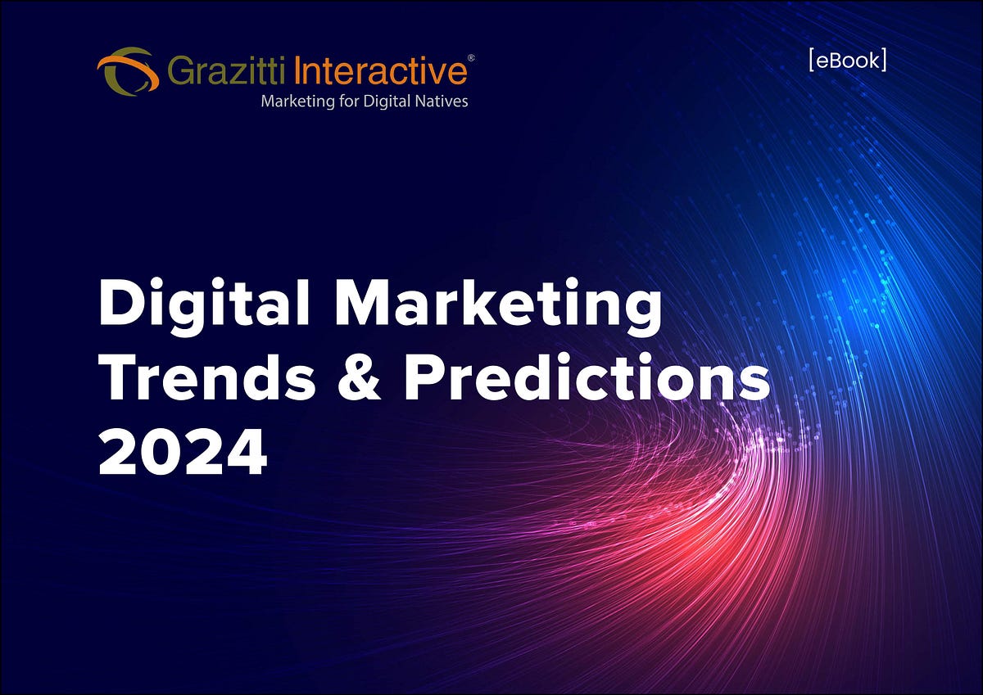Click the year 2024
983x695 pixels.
coord(183,454)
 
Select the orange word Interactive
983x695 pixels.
coord(379,71)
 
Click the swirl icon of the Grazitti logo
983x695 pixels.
coord(127,70)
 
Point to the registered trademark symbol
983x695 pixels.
coord(470,58)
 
